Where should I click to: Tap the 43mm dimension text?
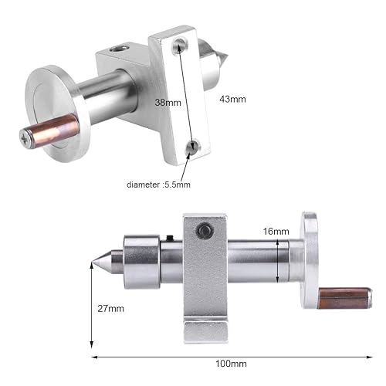pyautogui.click(x=233, y=99)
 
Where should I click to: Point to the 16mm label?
pyautogui.click(x=274, y=231)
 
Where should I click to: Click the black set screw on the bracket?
pyautogui.click(x=205, y=230)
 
